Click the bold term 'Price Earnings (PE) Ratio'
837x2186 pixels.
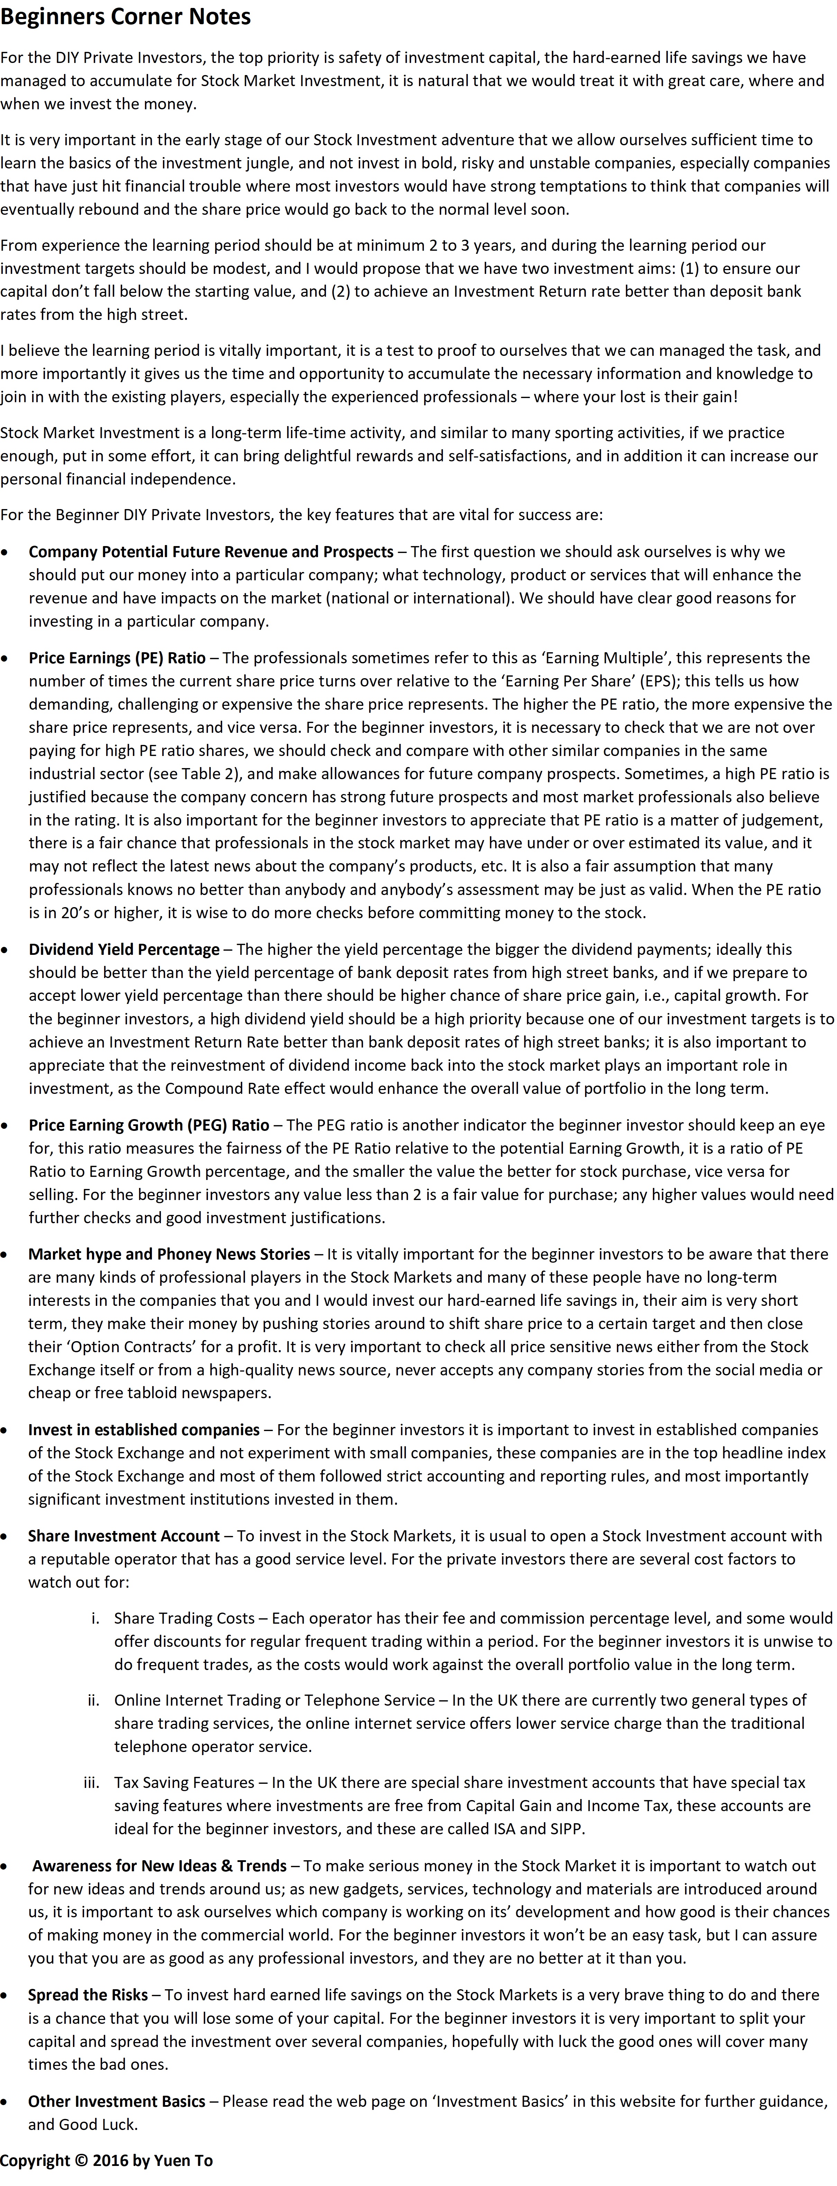(x=117, y=658)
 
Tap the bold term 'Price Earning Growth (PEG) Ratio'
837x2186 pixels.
(x=148, y=1124)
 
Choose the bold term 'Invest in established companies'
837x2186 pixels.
(x=144, y=1429)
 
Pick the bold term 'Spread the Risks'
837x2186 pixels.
(x=88, y=1994)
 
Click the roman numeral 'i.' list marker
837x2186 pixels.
(x=95, y=1617)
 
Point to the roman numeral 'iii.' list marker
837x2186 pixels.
(x=92, y=1782)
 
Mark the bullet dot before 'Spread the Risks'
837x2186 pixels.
(x=7, y=1995)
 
